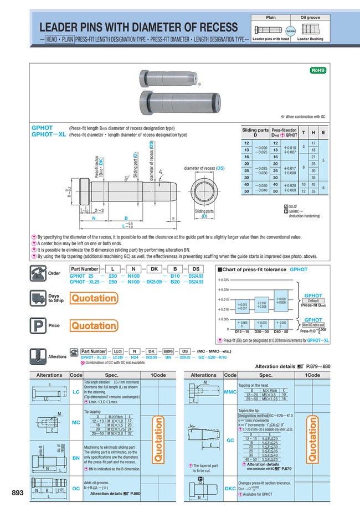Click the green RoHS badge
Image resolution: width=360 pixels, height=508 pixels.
(x=317, y=70)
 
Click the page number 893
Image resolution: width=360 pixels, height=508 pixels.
(x=18, y=493)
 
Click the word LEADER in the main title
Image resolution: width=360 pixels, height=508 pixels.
(x=60, y=28)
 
